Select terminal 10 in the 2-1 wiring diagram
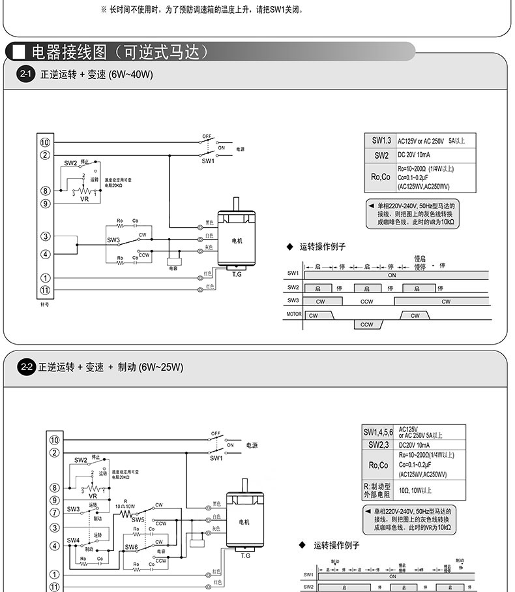click(45, 142)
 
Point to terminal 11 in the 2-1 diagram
click(45, 290)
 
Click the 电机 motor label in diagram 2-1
click(237, 241)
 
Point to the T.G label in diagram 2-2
click(245, 555)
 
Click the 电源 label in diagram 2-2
click(252, 446)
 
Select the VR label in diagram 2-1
click(84, 200)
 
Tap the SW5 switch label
click(138, 520)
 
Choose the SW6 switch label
click(131, 547)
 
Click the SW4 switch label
click(73, 540)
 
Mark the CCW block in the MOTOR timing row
click(367, 324)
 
